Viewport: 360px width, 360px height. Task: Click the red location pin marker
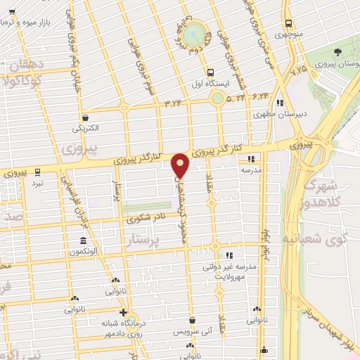181,166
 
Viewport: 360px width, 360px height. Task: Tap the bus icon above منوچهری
288,23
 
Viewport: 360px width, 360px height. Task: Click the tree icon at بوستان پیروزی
338,53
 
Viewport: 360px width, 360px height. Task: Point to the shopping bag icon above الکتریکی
85,117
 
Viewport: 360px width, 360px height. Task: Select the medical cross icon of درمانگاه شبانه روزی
123,312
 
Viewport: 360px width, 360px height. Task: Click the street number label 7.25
299,70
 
